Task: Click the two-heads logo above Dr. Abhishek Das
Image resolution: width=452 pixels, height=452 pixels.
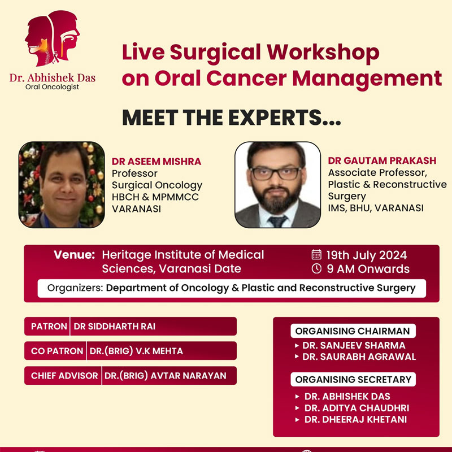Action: pyautogui.click(x=52, y=38)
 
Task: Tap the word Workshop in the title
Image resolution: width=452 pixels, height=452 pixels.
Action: pyautogui.click(x=323, y=53)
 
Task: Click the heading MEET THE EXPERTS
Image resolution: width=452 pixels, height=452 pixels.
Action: pyautogui.click(x=232, y=118)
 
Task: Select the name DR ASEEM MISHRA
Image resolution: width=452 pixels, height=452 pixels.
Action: pyautogui.click(x=157, y=162)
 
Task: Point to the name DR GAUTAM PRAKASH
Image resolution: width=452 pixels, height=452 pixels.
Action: pyautogui.click(x=383, y=160)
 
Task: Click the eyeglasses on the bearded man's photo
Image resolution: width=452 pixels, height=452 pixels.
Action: pyautogui.click(x=276, y=173)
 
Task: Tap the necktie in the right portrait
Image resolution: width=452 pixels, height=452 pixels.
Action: pyautogui.click(x=277, y=221)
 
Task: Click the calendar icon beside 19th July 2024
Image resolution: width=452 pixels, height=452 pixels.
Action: pyautogui.click(x=316, y=255)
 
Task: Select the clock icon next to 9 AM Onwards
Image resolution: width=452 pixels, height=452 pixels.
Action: pyautogui.click(x=316, y=268)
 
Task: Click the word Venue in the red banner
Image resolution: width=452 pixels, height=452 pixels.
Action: pyautogui.click(x=75, y=255)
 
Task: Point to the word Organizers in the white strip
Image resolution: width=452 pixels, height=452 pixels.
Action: pyautogui.click(x=75, y=288)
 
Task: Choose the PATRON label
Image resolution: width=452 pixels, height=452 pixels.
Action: pyautogui.click(x=49, y=327)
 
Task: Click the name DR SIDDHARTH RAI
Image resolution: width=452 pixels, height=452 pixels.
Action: pyautogui.click(x=115, y=327)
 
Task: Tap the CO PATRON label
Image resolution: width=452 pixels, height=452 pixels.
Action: pyautogui.click(x=57, y=351)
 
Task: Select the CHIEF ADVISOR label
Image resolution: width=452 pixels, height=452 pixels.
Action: pyautogui.click(x=64, y=376)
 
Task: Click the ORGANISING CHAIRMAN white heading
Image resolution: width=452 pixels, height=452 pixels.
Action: pyautogui.click(x=353, y=331)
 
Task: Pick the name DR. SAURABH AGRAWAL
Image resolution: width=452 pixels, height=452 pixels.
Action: pyautogui.click(x=359, y=357)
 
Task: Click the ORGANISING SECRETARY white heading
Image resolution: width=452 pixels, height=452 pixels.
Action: pyautogui.click(x=353, y=379)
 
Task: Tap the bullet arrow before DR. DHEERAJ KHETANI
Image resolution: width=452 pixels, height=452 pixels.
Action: pyautogui.click(x=298, y=420)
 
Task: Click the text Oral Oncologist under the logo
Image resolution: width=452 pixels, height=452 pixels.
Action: pyautogui.click(x=52, y=87)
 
